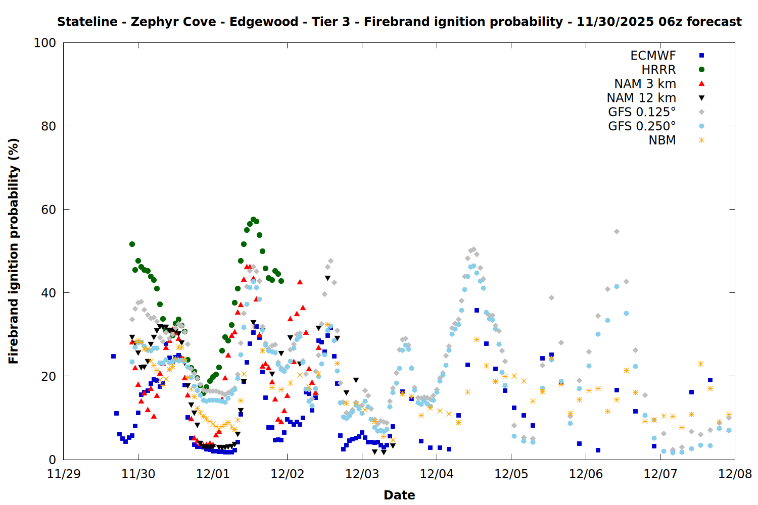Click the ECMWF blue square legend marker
point(701,56)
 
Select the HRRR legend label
point(658,70)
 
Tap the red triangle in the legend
point(701,83)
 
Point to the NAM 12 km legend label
point(641,98)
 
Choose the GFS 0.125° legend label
point(642,112)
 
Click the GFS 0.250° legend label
point(642,126)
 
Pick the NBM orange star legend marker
point(701,140)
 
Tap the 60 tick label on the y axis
point(48,210)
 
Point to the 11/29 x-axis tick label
point(64,475)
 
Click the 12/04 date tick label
point(437,475)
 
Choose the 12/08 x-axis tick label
point(735,475)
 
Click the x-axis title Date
point(399,495)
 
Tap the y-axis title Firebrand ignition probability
point(14,251)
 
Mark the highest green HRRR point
point(253,220)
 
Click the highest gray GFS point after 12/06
point(617,231)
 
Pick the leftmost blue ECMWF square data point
point(113,356)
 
